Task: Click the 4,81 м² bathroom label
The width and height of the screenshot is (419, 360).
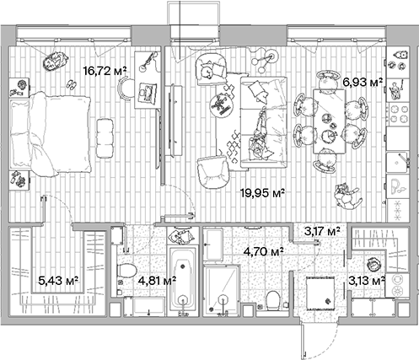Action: tap(157, 279)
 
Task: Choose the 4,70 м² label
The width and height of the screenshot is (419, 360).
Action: tap(263, 250)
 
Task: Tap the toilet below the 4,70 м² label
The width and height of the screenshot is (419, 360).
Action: tap(272, 299)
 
